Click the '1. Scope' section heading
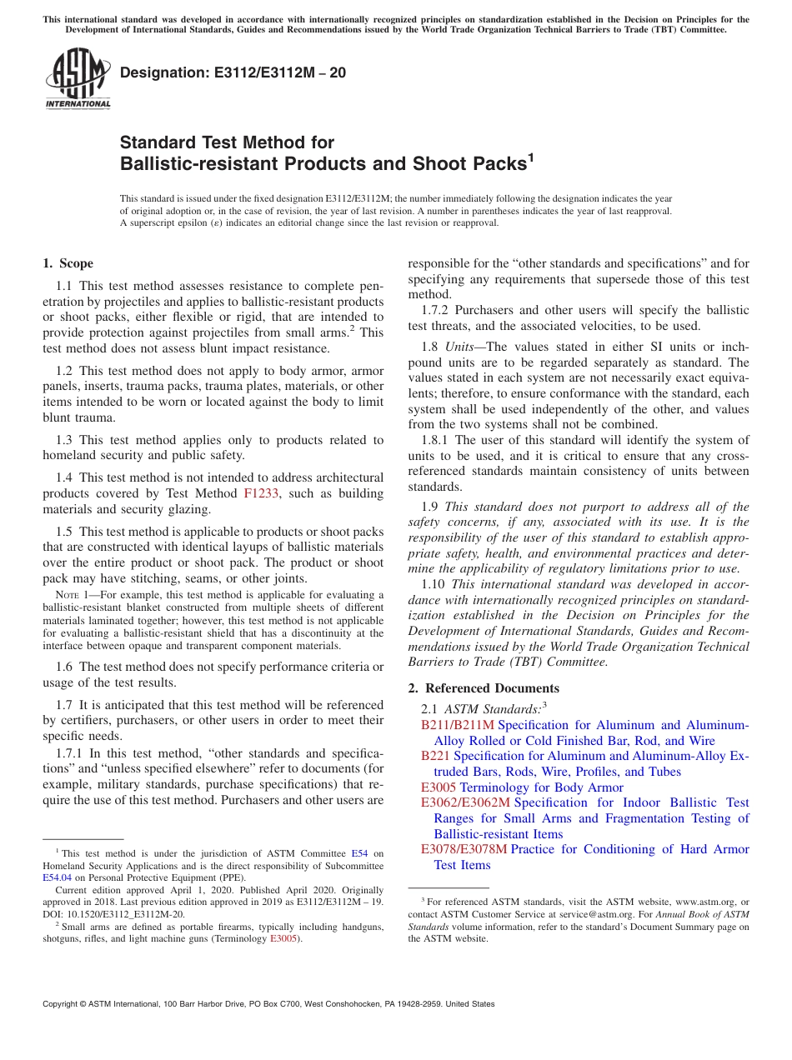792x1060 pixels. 68,264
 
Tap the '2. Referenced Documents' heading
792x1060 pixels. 484,687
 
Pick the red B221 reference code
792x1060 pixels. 435,756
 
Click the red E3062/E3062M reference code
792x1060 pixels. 465,802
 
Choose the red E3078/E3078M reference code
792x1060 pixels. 464,849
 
